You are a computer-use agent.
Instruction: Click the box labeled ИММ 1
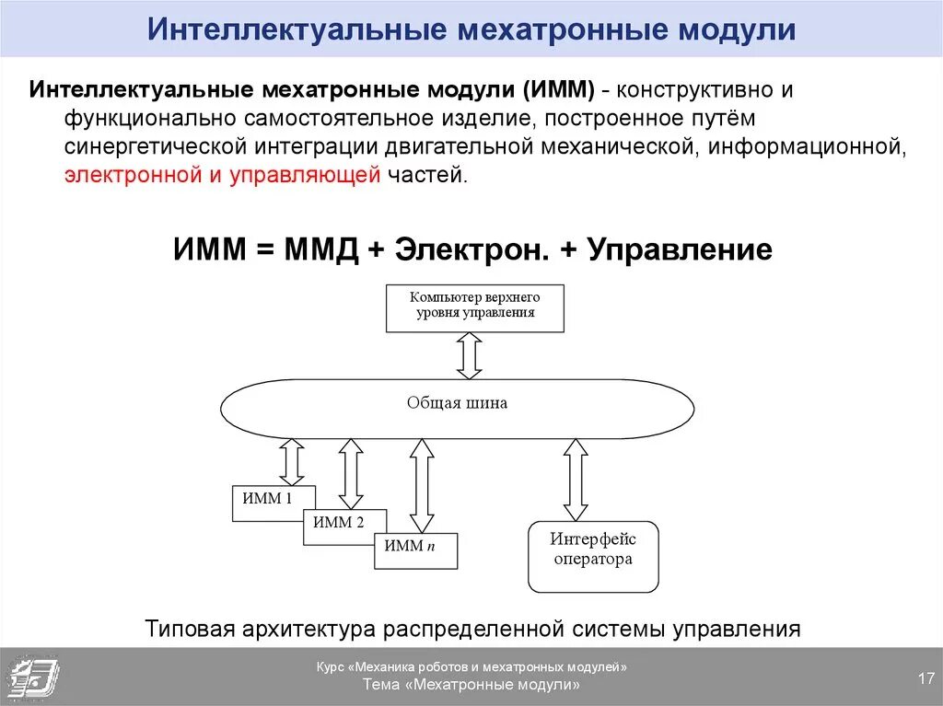pyautogui.click(x=267, y=498)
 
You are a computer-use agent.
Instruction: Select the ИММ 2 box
pyautogui.click(x=339, y=523)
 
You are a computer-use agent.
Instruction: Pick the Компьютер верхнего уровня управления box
pyautogui.click(x=474, y=307)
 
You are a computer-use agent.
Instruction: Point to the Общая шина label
pyautogui.click(x=457, y=403)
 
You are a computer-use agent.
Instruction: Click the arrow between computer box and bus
pyautogui.click(x=470, y=355)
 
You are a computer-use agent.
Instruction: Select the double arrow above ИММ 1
pyautogui.click(x=292, y=461)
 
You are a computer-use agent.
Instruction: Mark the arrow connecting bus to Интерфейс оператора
pyautogui.click(x=576, y=480)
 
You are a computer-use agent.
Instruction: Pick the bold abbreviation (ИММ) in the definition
pyautogui.click(x=559, y=91)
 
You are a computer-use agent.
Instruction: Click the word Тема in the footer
pyautogui.click(x=382, y=686)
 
